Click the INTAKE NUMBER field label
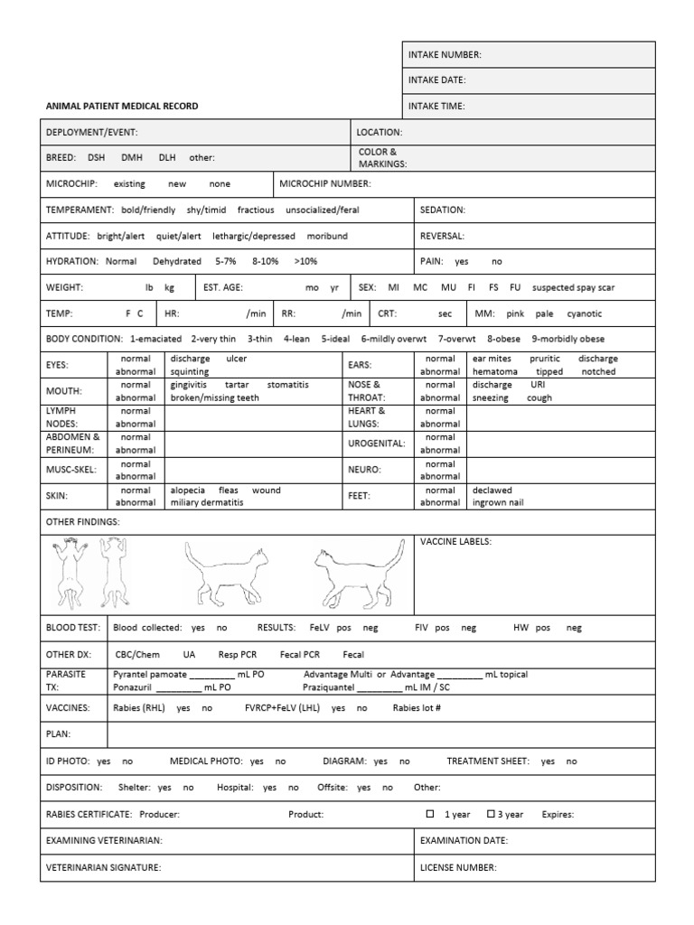[x=445, y=55]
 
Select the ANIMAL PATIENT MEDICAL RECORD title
[x=122, y=107]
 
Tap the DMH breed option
[x=132, y=157]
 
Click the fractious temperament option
[x=256, y=210]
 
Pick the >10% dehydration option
[x=305, y=261]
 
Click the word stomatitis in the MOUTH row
[x=288, y=384]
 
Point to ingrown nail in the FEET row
[x=497, y=502]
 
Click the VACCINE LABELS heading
[x=455, y=542]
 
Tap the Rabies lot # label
[x=417, y=708]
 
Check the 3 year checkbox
[x=492, y=814]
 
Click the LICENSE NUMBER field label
[x=458, y=867]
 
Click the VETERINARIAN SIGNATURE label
[x=104, y=867]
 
